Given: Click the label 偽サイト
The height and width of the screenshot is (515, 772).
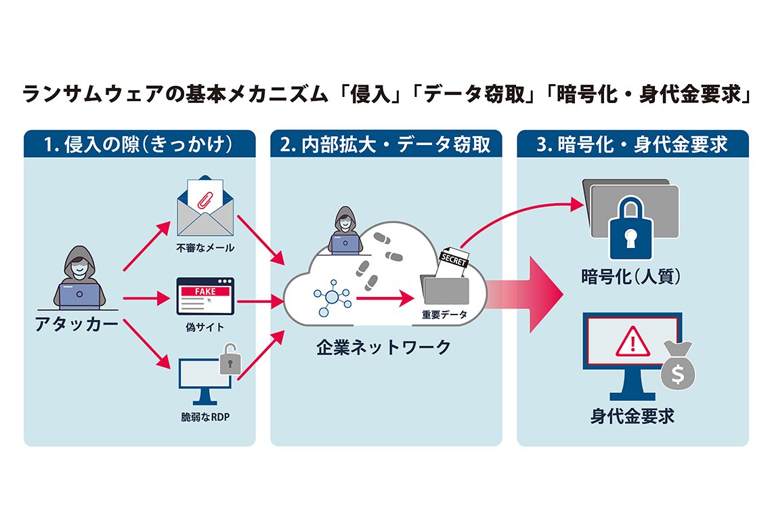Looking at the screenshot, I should click(205, 327).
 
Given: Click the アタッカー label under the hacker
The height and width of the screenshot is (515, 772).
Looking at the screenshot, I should click(77, 325).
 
